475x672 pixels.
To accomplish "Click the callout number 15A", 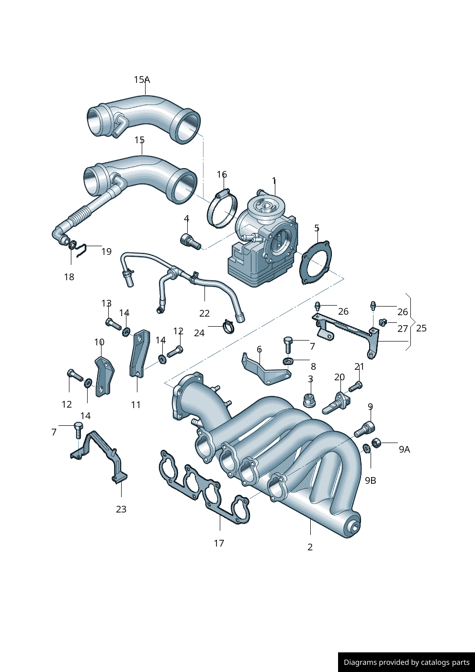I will (x=142, y=80).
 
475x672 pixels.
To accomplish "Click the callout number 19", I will (x=106, y=251).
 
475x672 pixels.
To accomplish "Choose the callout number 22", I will (x=204, y=313).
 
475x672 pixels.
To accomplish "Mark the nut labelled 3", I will (x=309, y=399).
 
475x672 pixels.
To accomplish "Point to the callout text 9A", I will (x=404, y=449).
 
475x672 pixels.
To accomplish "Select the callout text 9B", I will (x=371, y=480).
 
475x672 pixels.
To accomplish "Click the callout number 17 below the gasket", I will (x=219, y=543).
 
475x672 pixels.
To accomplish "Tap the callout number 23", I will (x=121, y=509).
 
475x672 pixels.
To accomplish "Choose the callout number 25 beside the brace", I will (x=421, y=328).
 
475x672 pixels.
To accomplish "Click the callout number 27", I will (x=403, y=329).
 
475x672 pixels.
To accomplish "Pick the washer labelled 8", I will (x=288, y=361).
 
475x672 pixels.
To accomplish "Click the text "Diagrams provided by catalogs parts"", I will (x=407, y=662).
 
